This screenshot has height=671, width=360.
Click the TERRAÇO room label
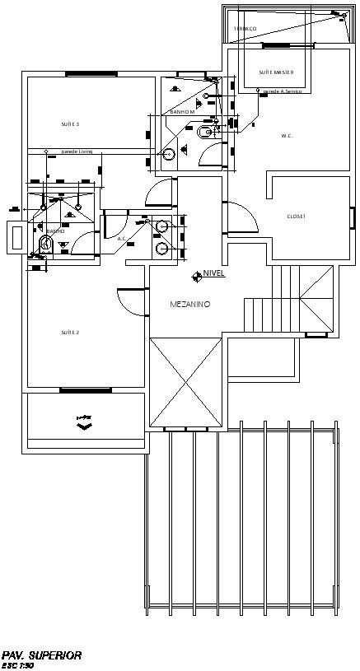click(245, 29)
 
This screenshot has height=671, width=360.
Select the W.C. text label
click(288, 136)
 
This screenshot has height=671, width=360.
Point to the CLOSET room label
click(296, 217)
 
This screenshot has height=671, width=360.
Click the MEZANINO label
click(189, 305)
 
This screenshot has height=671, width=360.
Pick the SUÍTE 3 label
click(70, 124)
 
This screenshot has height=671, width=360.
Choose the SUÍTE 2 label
click(70, 333)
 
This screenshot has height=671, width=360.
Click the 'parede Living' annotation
click(77, 151)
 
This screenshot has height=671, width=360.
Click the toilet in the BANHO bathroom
click(44, 243)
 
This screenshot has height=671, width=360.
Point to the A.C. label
click(122, 240)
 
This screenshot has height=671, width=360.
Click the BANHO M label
click(182, 111)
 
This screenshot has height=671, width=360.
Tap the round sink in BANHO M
click(169, 153)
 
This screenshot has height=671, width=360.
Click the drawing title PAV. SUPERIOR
click(42, 655)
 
